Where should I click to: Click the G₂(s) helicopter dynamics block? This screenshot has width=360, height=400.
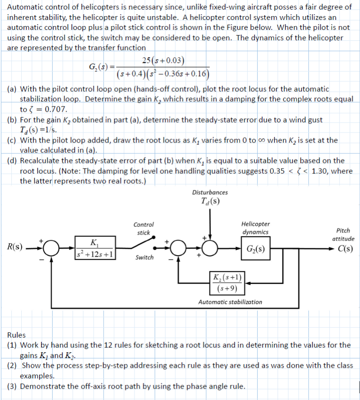pos(256,249)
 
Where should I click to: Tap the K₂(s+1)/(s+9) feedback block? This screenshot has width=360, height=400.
pos(229,283)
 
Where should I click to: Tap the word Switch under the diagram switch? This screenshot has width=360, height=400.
pos(144,258)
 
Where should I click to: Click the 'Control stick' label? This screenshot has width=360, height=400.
pos(144,229)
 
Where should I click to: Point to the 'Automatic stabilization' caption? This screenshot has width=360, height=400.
pos(230,302)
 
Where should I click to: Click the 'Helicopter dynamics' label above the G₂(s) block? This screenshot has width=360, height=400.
pos(256,228)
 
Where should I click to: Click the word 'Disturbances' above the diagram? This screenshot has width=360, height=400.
pos(209,192)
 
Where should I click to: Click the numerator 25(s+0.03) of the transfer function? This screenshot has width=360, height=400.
pos(163,60)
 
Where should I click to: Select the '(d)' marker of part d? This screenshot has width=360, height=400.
pos(13,161)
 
